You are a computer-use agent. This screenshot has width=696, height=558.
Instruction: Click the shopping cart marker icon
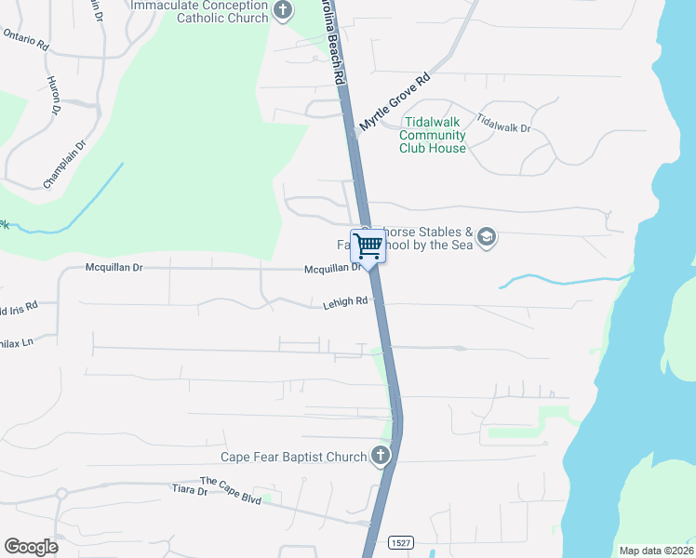coord(368,246)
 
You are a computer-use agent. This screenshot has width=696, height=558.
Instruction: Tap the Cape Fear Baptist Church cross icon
coord(380,456)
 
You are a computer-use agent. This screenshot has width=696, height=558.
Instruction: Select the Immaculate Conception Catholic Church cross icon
coord(284,12)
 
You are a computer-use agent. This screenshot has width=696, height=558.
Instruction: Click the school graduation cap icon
coord(486,239)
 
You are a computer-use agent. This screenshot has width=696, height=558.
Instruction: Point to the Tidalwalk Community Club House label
coord(433,135)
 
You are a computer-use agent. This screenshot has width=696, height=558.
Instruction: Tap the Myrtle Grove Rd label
coord(395,102)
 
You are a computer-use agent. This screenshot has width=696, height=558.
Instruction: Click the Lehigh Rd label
coord(345,301)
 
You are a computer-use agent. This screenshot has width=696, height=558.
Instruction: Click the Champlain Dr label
coord(64,164)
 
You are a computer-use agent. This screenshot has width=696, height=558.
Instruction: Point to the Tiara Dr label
coord(190,489)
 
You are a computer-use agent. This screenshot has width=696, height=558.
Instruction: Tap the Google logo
coord(31,547)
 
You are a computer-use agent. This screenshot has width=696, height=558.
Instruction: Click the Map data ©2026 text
coord(656,551)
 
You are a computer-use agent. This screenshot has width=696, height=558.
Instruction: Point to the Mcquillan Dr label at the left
coord(114,268)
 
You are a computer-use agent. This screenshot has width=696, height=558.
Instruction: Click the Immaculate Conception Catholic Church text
coord(198,11)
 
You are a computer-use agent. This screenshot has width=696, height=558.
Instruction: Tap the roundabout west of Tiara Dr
coord(62,493)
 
